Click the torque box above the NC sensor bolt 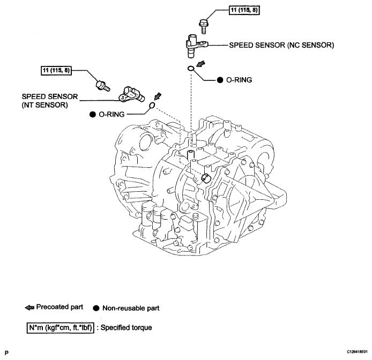pyautogui.click(x=244, y=10)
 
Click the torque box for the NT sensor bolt pyautogui.click(x=56, y=70)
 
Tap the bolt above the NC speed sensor pyautogui.click(x=203, y=27)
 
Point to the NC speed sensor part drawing pyautogui.click(x=196, y=46)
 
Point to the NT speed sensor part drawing pyautogui.click(x=132, y=94)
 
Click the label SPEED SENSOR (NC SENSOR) pyautogui.click(x=281, y=45)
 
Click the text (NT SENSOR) pyautogui.click(x=45, y=105)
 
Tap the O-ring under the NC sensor pyautogui.click(x=190, y=69)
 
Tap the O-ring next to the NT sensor pyautogui.click(x=152, y=105)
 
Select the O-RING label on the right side pyautogui.click(x=239, y=80)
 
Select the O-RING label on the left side pyautogui.click(x=111, y=114)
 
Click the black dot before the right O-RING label pyautogui.click(x=220, y=80)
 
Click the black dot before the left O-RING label pyautogui.click(x=93, y=115)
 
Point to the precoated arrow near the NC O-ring pyautogui.click(x=200, y=64)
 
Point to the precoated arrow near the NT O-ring pyautogui.click(x=158, y=96)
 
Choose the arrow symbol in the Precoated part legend pyautogui.click(x=29, y=308)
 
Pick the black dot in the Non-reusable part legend pyautogui.click(x=96, y=308)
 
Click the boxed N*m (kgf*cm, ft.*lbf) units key pyautogui.click(x=60, y=328)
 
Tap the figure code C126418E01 pyautogui.click(x=357, y=352)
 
